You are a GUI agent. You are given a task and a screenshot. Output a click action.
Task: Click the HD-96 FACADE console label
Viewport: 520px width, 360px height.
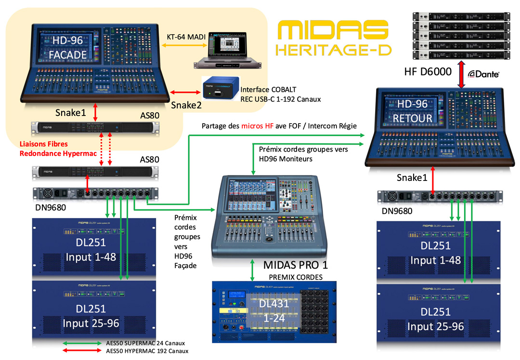67,49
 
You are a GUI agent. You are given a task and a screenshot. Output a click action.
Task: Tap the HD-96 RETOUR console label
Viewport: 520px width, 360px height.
412,112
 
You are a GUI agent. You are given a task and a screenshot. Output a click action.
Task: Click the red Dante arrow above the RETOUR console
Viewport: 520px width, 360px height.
461,74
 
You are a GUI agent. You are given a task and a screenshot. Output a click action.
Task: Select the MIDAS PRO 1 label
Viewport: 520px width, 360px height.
299,265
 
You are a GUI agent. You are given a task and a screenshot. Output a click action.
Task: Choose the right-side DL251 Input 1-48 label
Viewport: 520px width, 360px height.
436,253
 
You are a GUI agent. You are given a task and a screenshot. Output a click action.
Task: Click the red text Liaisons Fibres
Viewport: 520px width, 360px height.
44,144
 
